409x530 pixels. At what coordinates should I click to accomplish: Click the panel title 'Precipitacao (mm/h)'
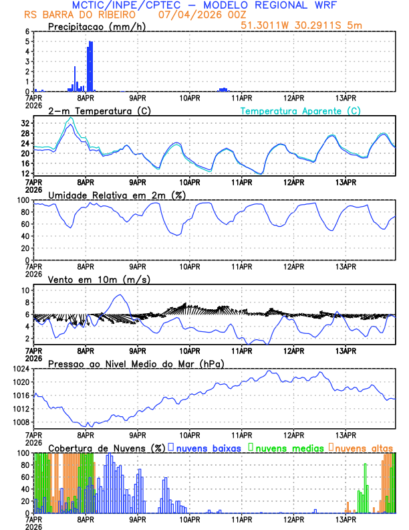[x=92, y=27]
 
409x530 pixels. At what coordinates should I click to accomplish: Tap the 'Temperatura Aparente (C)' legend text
[x=300, y=111]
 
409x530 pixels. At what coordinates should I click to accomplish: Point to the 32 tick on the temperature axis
[x=27, y=124]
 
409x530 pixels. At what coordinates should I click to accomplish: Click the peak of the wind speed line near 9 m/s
[x=120, y=295]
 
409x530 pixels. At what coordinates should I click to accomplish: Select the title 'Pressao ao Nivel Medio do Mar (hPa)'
[x=136, y=363]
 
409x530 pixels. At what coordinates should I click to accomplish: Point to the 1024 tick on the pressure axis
[x=21, y=369]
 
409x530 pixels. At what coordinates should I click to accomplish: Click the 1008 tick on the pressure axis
[x=21, y=422]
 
